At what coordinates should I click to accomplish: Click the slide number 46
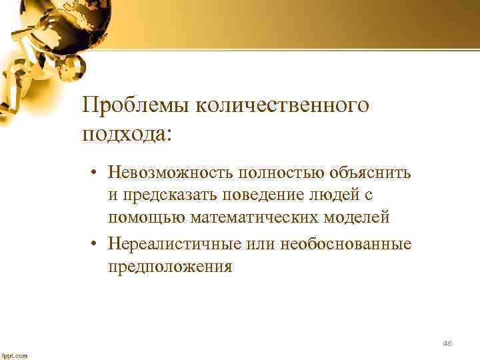tap(447, 343)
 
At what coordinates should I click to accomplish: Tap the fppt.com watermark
tap(15, 355)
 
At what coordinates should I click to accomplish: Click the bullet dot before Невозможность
tap(97, 173)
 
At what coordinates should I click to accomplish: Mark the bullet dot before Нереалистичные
tap(97, 244)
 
